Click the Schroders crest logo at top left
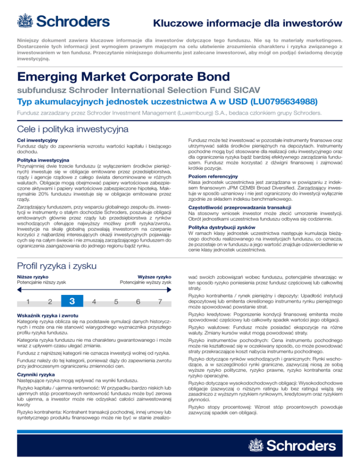click(24, 21)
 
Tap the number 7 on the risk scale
click(160, 301)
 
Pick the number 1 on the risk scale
click(28, 301)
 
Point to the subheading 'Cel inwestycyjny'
click(36, 140)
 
